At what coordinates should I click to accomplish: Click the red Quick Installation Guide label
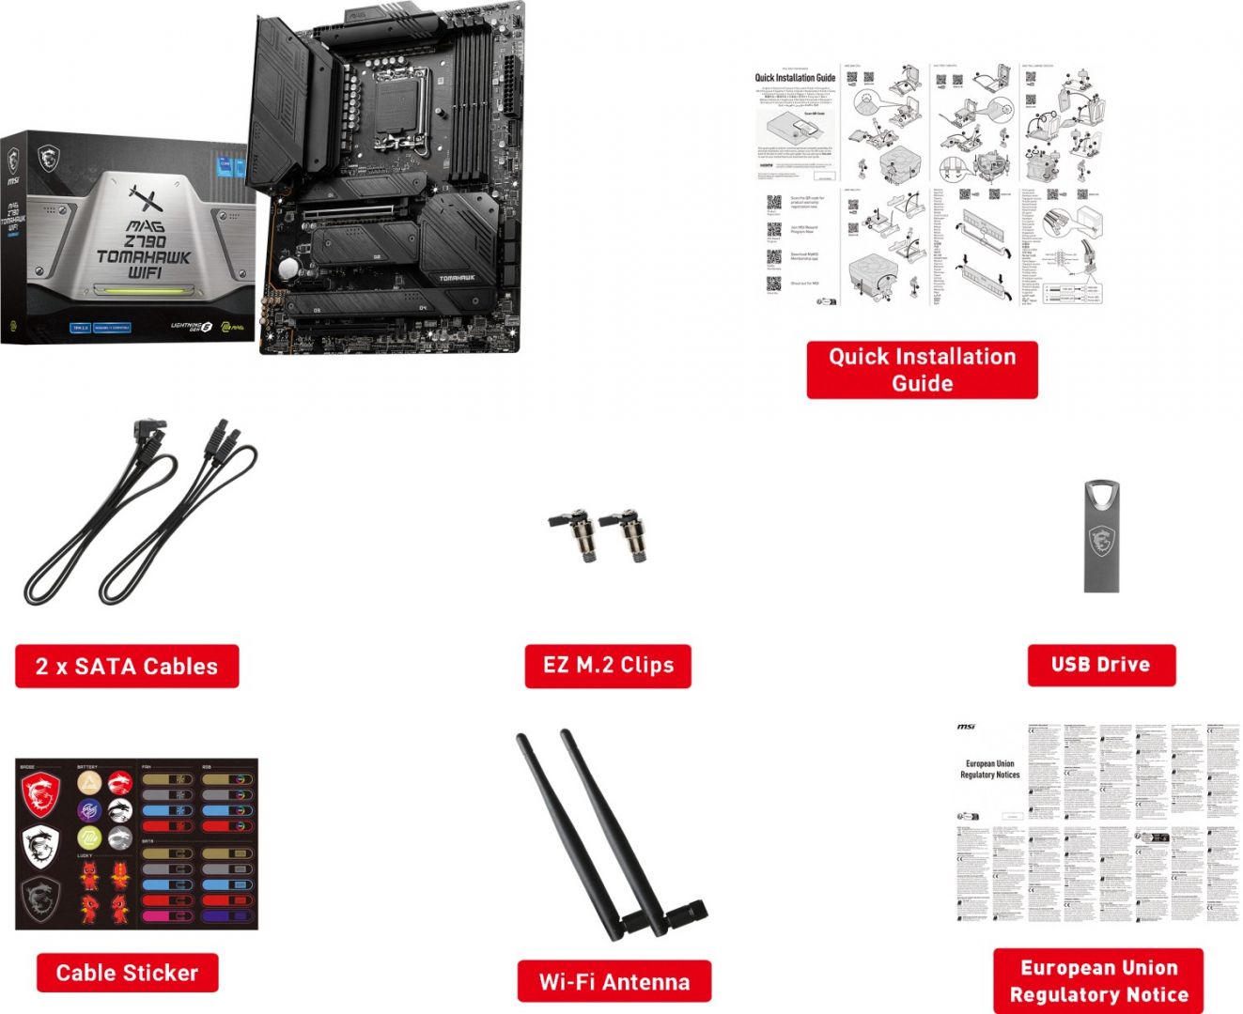(922, 370)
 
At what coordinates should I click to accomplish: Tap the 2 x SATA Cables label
(127, 667)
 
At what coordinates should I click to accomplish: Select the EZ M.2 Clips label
(608, 666)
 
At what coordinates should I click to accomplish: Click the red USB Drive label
(1100, 665)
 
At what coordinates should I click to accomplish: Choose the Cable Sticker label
(127, 973)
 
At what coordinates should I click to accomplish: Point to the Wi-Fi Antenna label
(614, 982)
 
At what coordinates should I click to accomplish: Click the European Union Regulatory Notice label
(1098, 981)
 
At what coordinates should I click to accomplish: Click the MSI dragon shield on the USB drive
(1101, 542)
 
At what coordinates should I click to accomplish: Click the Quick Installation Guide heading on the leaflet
(795, 78)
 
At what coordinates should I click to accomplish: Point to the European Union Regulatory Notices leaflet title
(989, 769)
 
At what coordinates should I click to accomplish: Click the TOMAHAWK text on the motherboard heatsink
(457, 278)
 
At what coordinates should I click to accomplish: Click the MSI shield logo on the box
(48, 158)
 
